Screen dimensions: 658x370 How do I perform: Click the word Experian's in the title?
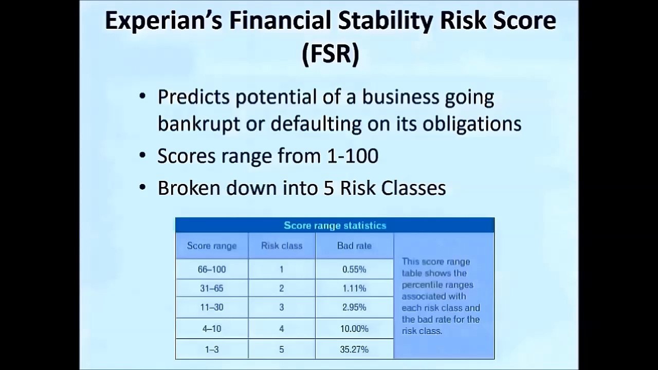pyautogui.click(x=163, y=21)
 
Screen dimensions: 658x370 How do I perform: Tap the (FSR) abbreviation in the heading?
pyautogui.click(x=331, y=54)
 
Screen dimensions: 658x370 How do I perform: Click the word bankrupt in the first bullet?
pyautogui.click(x=199, y=124)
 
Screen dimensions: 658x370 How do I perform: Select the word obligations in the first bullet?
pyautogui.click(x=472, y=124)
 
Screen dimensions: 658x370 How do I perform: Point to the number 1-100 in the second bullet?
pyautogui.click(x=353, y=156)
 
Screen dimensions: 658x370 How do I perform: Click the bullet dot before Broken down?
pyautogui.click(x=142, y=187)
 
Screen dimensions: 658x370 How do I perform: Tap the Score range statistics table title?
pyautogui.click(x=335, y=225)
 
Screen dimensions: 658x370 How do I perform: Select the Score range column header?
pyautogui.click(x=212, y=246)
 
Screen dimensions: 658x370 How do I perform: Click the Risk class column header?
pyautogui.click(x=282, y=246)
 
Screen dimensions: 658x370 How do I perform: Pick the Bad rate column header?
pyautogui.click(x=354, y=246)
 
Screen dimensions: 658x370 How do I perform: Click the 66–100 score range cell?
pyautogui.click(x=212, y=269)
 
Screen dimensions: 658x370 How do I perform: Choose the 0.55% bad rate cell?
pyautogui.click(x=354, y=269)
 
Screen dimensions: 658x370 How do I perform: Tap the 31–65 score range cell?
pyautogui.click(x=212, y=288)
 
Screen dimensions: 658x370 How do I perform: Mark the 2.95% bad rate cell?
pyautogui.click(x=354, y=307)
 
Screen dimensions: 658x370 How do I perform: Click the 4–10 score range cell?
pyautogui.click(x=212, y=328)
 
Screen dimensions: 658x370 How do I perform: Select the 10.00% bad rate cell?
pyautogui.click(x=354, y=328)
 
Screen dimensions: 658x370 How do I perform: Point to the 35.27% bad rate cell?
pyautogui.click(x=354, y=349)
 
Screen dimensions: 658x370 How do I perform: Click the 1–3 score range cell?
pyautogui.click(x=212, y=349)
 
